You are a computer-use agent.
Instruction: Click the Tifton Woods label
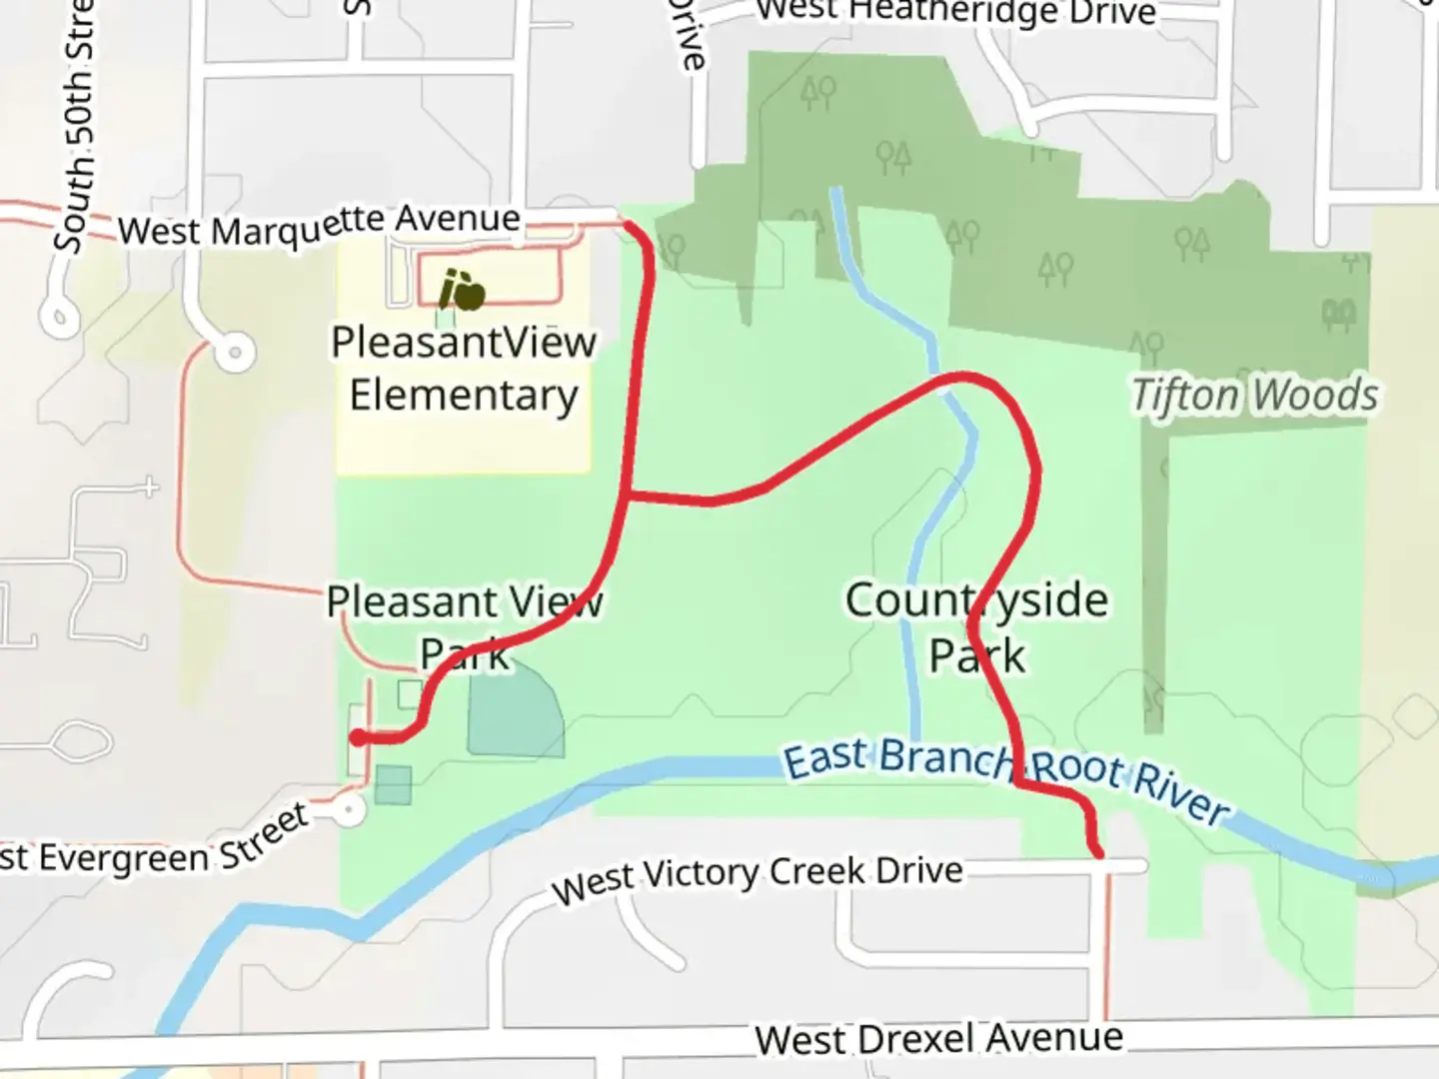pyautogui.click(x=1255, y=396)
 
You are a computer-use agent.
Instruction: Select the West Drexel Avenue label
pyautogui.click(x=938, y=1038)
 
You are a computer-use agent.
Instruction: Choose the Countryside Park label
pyautogui.click(x=976, y=627)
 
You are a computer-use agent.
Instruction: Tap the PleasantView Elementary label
pyautogui.click(x=464, y=369)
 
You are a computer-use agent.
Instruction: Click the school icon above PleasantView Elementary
pyautogui.click(x=462, y=290)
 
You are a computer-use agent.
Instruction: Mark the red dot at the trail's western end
pyautogui.click(x=358, y=738)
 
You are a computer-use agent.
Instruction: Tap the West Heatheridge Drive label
pyautogui.click(x=954, y=12)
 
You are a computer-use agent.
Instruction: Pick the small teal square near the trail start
pyautogui.click(x=394, y=784)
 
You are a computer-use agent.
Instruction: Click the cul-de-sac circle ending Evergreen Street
pyautogui.click(x=349, y=810)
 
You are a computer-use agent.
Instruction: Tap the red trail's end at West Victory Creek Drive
pyautogui.click(x=1099, y=854)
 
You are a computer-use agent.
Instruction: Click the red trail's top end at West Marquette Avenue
pyautogui.click(x=628, y=225)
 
